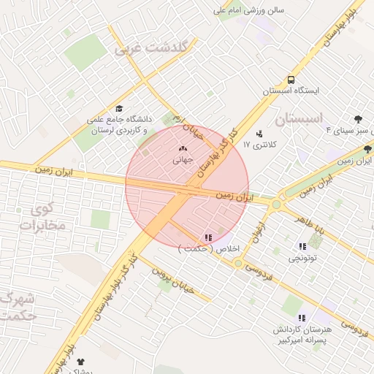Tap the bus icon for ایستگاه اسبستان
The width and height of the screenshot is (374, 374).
point(291,80)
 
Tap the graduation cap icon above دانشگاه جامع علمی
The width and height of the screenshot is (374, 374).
point(119,108)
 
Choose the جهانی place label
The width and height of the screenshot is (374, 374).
point(182,159)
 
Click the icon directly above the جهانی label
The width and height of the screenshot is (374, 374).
point(182,148)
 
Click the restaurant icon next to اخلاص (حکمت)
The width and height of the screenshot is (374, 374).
point(209,237)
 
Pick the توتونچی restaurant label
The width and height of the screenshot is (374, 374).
point(302,258)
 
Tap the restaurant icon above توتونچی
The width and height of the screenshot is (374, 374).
point(302,247)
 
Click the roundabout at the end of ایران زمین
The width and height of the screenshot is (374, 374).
point(276,205)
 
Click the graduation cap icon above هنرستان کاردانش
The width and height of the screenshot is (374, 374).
point(303,317)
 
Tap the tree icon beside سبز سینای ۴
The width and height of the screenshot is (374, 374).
point(358,119)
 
